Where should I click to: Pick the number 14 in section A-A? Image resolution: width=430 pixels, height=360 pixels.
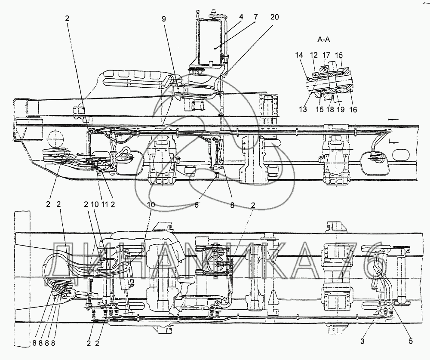pyautogui.click(x=299, y=55)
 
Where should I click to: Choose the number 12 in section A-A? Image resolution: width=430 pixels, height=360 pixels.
pyautogui.click(x=313, y=55)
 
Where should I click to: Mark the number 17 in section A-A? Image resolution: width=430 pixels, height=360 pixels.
pyautogui.click(x=326, y=55)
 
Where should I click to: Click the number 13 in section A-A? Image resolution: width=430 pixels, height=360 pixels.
pyautogui.click(x=303, y=109)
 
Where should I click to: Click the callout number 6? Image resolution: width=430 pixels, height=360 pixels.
pyautogui.click(x=196, y=206)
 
